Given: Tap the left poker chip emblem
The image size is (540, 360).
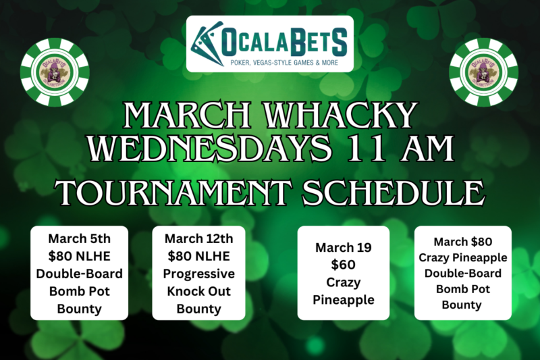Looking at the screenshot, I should click(x=55, y=73).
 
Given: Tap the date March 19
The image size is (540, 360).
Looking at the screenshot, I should click(x=344, y=247).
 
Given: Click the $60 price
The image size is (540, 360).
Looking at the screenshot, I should click(x=344, y=265).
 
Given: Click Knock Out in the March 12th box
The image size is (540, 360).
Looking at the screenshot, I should click(x=198, y=291).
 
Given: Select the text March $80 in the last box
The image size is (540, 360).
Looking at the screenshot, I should click(x=462, y=242).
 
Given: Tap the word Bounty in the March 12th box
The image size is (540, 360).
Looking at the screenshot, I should click(x=198, y=309).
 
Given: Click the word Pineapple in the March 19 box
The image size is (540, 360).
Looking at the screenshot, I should click(x=344, y=300).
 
